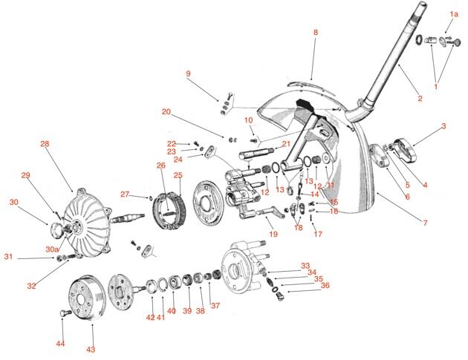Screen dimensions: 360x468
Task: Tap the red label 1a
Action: click(x=454, y=14)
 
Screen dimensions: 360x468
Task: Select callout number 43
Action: click(x=91, y=348)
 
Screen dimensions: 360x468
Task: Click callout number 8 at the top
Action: click(x=315, y=33)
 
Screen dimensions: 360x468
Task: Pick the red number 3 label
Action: click(x=443, y=126)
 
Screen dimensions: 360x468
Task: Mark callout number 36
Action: click(x=325, y=285)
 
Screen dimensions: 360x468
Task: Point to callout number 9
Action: click(x=188, y=73)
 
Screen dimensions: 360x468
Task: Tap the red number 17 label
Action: click(x=317, y=235)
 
